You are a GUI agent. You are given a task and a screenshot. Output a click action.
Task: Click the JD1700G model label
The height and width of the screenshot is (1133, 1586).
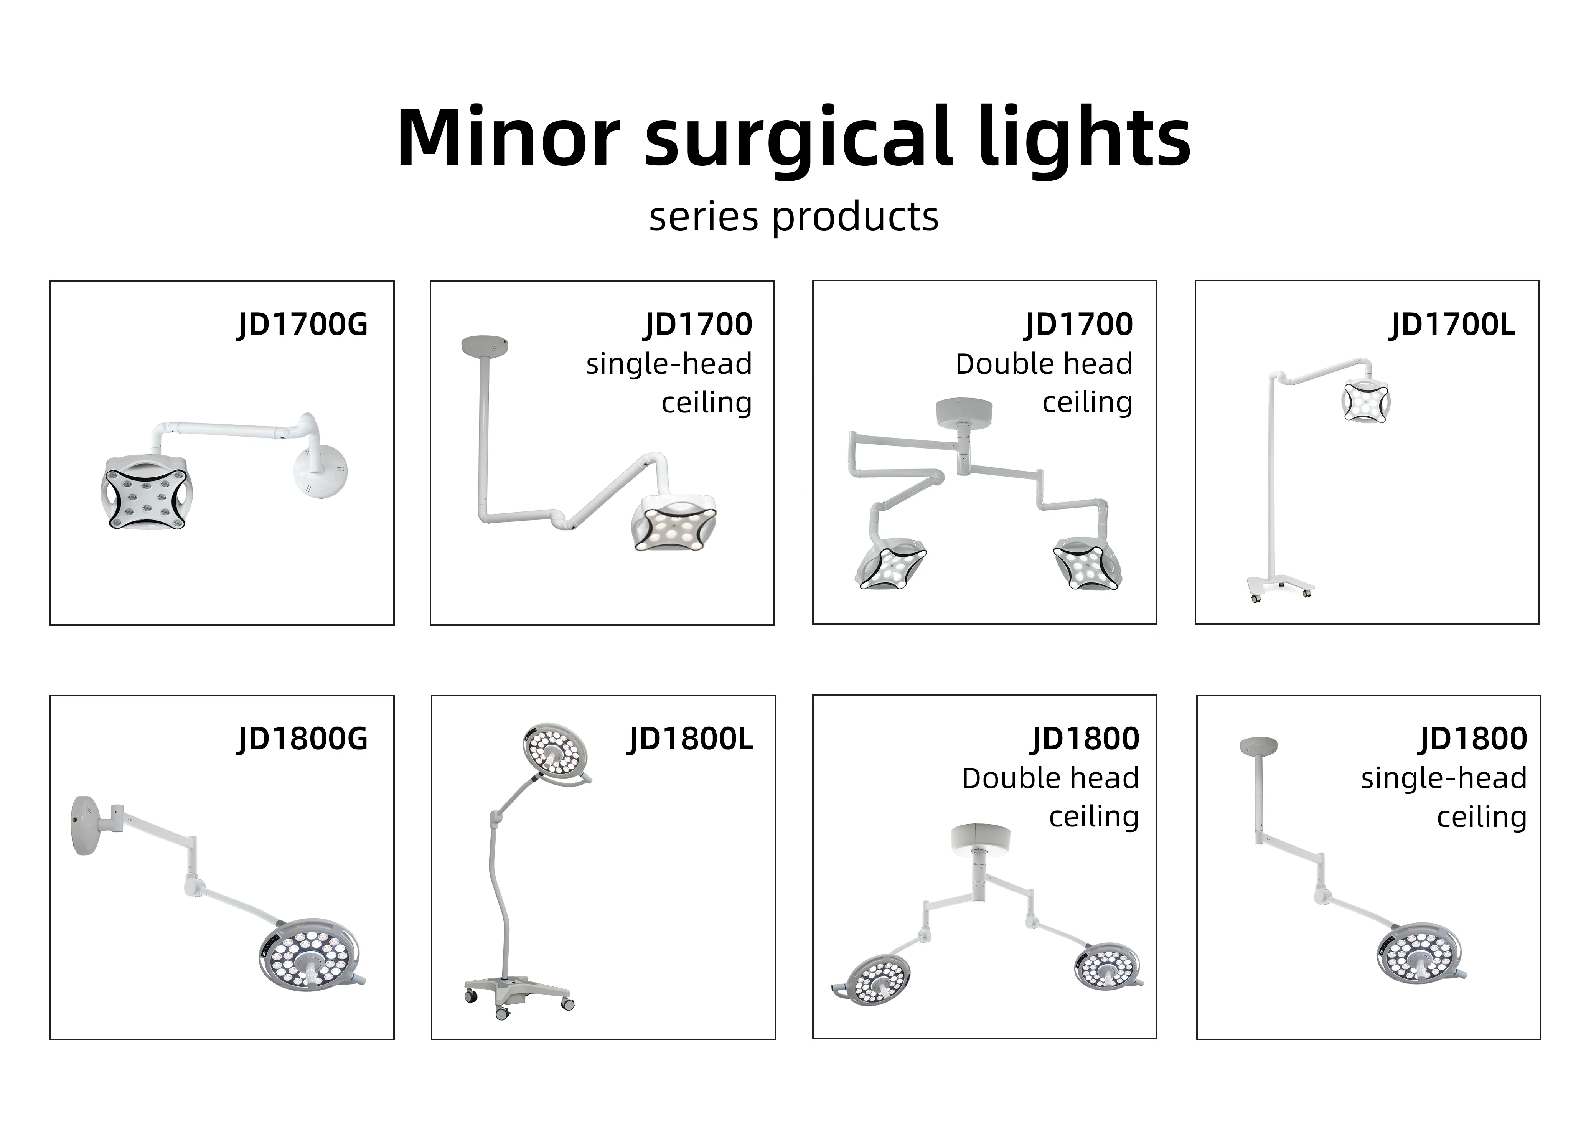pyautogui.click(x=302, y=325)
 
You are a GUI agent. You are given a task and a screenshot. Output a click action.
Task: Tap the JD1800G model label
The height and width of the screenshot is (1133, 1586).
pyautogui.click(x=302, y=739)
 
